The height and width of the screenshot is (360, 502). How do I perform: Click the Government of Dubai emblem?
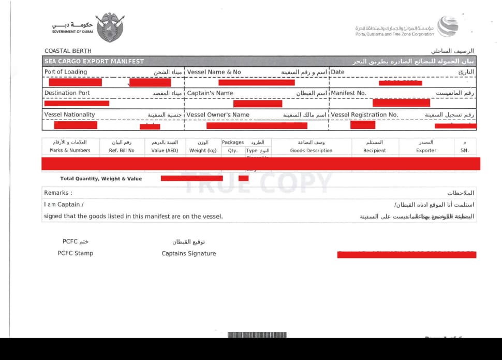click(110, 27)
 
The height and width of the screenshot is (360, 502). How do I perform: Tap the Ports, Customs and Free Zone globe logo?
click(447, 26)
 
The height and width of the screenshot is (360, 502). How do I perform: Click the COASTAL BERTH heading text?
click(68, 51)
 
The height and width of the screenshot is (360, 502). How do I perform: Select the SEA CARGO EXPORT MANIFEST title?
click(94, 61)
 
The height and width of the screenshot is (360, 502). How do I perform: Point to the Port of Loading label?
click(66, 72)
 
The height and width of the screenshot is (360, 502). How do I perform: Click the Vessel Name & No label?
click(214, 72)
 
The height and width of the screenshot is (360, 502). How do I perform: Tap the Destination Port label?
click(67, 93)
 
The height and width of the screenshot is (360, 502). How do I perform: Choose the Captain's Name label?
click(210, 93)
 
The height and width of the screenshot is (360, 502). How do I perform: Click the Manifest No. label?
click(348, 93)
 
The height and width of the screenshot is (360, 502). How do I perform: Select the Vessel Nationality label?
click(70, 114)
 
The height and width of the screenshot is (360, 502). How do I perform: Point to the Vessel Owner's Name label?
click(218, 114)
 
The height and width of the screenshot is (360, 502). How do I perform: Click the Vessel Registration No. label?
click(364, 114)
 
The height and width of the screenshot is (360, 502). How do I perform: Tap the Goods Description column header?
click(311, 151)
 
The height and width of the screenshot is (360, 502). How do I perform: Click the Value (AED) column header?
click(165, 151)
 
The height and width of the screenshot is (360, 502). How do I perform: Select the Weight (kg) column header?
click(203, 151)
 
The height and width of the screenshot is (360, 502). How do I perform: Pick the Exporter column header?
click(426, 151)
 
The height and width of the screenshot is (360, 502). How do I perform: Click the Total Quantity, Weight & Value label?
click(101, 179)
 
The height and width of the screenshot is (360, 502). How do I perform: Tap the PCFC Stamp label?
click(75, 253)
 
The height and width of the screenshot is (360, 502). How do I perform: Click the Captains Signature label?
click(188, 253)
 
